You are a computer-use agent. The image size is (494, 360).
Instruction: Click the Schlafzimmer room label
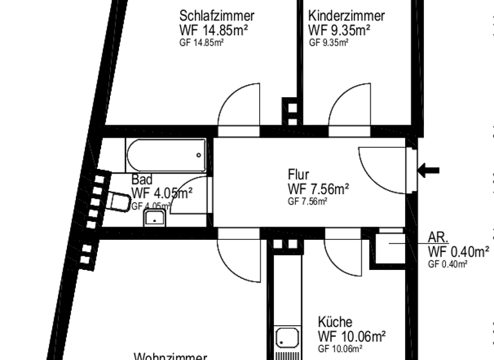tap(217, 15)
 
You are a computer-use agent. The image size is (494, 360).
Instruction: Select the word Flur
tap(298, 174)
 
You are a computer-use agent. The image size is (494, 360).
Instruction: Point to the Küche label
tap(335, 322)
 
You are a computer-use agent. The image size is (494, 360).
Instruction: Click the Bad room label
tap(142, 180)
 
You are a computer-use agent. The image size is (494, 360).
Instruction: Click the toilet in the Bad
tap(118, 203)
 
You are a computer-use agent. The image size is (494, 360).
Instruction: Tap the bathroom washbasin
tap(154, 219)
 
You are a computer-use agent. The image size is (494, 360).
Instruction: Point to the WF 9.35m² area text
tap(339, 30)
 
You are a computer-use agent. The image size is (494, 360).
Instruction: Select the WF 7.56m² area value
tap(318, 188)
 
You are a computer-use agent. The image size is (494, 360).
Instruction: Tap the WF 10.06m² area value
tap(352, 336)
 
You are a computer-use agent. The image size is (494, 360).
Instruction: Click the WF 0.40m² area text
tap(458, 251)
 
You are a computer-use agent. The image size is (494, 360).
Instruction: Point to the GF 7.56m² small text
tap(307, 201)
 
